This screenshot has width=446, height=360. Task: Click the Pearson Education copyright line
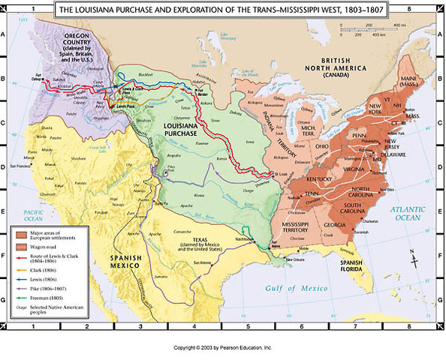coord(222,349)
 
